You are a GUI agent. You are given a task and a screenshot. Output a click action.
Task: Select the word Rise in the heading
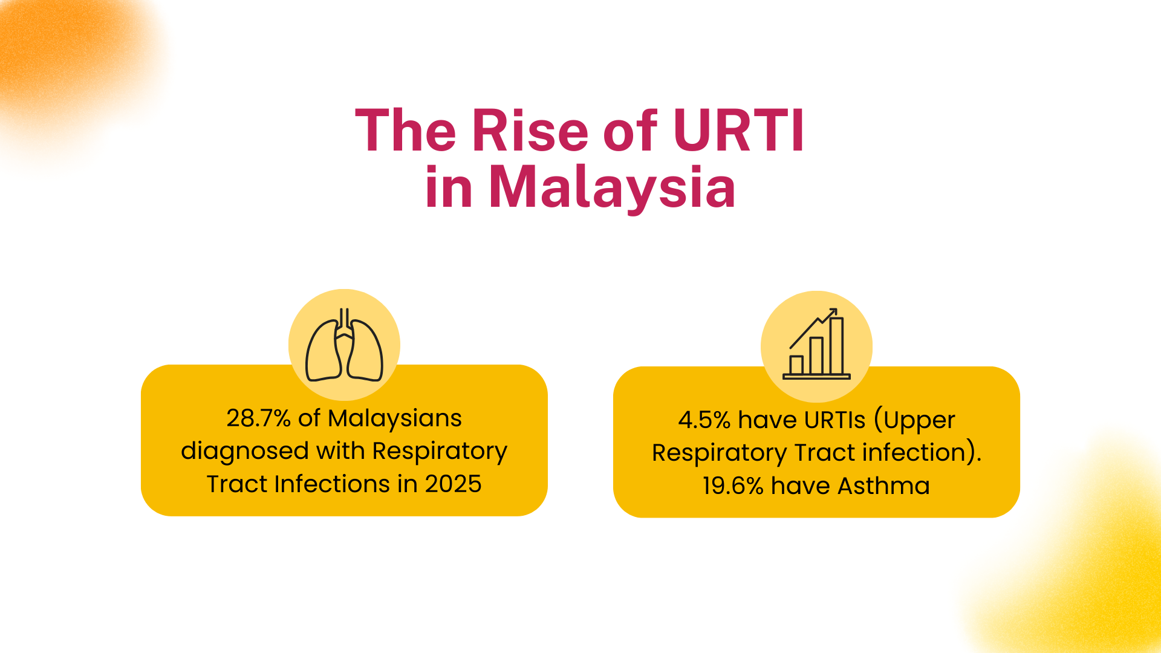[x=530, y=130]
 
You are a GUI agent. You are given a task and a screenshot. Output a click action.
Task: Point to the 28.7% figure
[x=259, y=418]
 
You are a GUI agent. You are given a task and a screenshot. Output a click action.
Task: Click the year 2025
[x=453, y=484]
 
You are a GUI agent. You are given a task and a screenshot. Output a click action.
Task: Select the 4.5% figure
[x=704, y=420]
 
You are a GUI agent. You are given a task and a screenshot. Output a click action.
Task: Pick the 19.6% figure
[x=733, y=486]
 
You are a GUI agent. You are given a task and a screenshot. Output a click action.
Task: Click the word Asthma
[x=883, y=486]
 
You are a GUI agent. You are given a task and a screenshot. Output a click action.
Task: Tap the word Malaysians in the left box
[x=395, y=418]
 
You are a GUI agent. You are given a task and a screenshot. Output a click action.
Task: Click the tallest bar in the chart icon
[x=836, y=346]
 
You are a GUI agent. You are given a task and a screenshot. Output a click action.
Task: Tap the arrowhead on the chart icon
[x=832, y=313]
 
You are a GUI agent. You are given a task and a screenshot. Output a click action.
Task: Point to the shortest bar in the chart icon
[x=796, y=365]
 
